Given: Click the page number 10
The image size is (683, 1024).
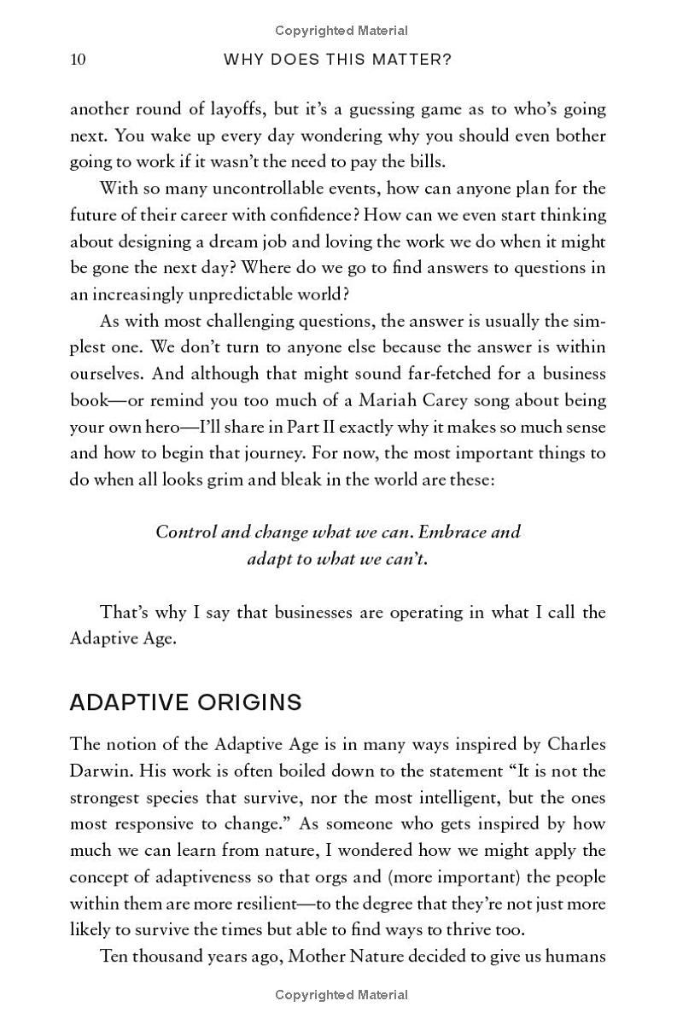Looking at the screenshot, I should (78, 59).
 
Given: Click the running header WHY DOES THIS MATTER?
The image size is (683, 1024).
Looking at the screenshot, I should (337, 59).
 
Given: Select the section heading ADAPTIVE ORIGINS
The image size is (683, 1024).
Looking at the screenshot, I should (185, 702).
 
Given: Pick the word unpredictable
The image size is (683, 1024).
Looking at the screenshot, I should (266, 294).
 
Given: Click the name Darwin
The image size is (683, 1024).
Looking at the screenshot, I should (101, 771).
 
